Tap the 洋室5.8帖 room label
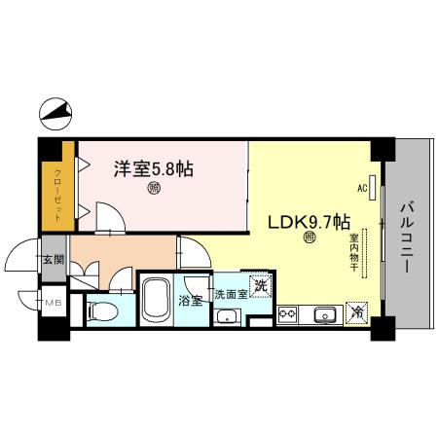coord(154,168)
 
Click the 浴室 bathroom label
coord(191,300)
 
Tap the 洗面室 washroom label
coord(231,292)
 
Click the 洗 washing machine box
coord(260,286)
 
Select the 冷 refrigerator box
coord(357,312)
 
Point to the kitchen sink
coord(324,314)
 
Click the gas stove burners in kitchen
coord(287,314)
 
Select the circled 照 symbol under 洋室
coord(154,189)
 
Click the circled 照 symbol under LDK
coord(310,237)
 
